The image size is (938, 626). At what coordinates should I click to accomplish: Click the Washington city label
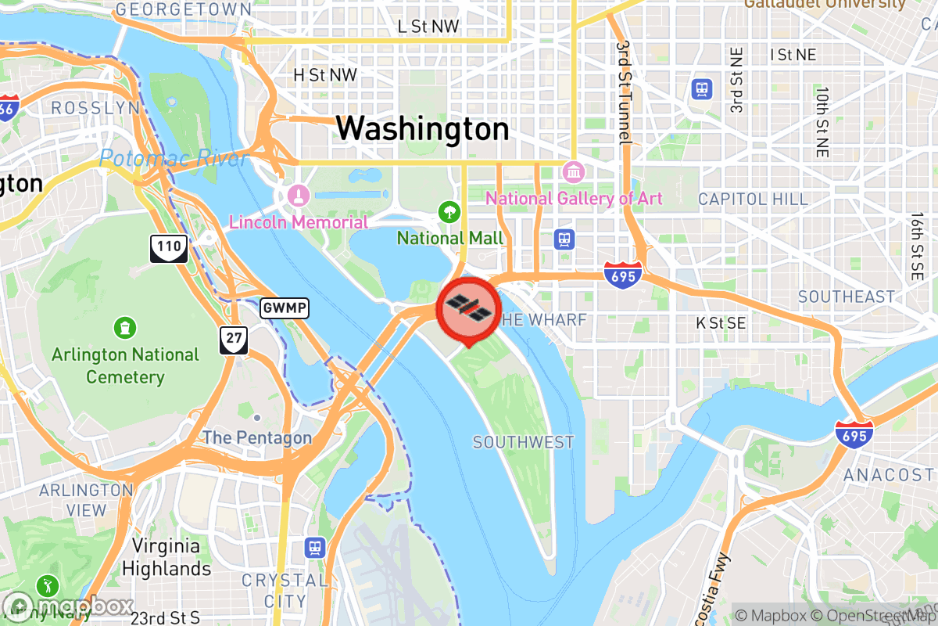coord(423,128)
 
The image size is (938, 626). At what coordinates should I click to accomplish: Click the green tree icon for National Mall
coord(449,210)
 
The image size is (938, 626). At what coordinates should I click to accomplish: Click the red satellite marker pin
coord(469,308)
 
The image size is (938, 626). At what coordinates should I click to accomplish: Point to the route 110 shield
coord(169,248)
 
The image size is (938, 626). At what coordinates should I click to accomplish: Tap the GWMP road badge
coord(285,308)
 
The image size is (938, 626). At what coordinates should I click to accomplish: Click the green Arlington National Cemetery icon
coord(124,326)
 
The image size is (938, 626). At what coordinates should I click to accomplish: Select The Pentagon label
coord(258,437)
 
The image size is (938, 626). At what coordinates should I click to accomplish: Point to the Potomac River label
coord(174,159)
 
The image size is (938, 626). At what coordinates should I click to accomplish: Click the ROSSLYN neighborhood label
coord(95,108)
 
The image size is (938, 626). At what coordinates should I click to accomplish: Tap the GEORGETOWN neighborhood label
coord(183,10)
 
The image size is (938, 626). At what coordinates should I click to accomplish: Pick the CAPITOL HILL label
coord(753,199)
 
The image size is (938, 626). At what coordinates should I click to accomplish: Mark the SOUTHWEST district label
coord(523,443)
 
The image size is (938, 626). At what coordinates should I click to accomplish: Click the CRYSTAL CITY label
coord(285,591)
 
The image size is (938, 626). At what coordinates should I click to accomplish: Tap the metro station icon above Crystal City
coord(315,547)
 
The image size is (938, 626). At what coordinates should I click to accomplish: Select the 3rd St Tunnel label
coord(623,92)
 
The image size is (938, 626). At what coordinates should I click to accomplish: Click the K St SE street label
coord(721,322)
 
